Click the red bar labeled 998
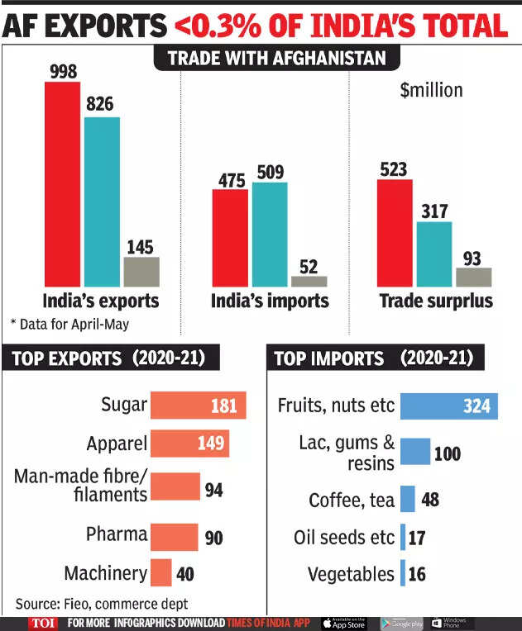pos(61,183)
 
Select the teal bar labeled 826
pos(102,201)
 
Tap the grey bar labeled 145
pos(141,271)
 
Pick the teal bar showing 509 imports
pos(270,234)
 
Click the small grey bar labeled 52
pos(309,281)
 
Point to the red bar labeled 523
pos(394,232)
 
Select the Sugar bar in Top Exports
pos(199,406)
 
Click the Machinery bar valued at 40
pos(161,572)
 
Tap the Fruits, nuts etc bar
pos(448,406)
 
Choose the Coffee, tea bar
pos(407,500)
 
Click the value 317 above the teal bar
pos(433,211)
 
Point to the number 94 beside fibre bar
pos(213,491)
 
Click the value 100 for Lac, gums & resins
pos(447,453)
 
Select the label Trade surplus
pos(435,301)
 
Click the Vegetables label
pos(351,574)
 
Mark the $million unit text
pos(431,90)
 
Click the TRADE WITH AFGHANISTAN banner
pos(276,59)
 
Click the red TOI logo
pos(41,623)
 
